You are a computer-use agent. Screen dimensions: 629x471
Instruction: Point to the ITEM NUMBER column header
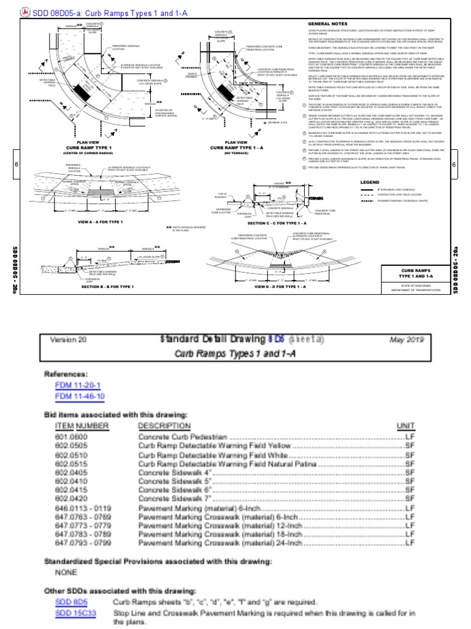[82, 426]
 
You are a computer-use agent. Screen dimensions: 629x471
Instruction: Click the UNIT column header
[406, 426]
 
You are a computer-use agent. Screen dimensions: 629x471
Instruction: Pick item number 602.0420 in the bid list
[72, 499]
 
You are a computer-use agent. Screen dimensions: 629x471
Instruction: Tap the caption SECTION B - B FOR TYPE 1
[107, 287]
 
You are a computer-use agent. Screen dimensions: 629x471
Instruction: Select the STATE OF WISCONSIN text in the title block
[415, 284]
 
